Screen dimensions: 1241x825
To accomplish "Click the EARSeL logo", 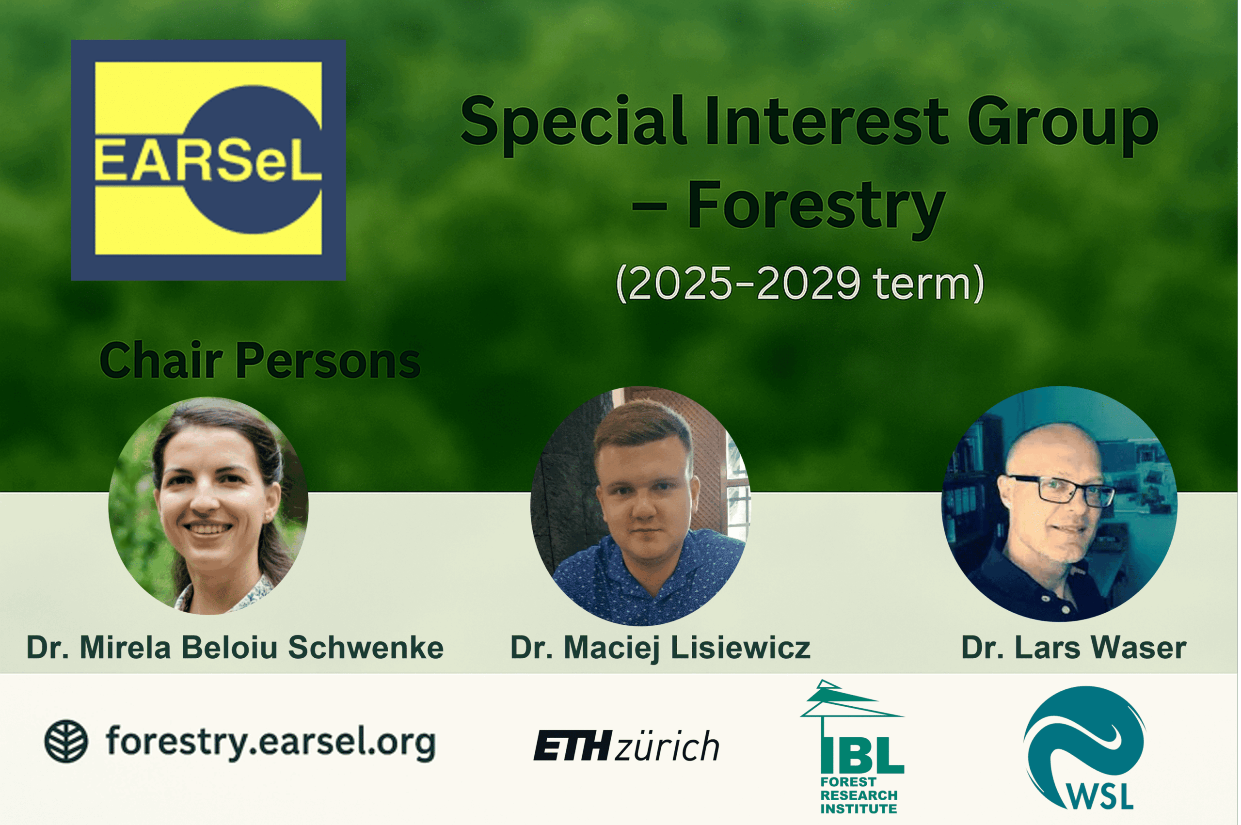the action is click(x=208, y=160).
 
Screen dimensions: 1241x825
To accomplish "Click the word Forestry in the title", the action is click(x=816, y=208).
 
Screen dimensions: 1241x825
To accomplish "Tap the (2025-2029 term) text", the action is click(x=800, y=284).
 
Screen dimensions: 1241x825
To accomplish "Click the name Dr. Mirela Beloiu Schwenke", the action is click(x=235, y=647).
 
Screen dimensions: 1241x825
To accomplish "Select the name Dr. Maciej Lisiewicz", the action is click(x=660, y=648).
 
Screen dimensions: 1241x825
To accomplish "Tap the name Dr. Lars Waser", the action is click(x=1074, y=647).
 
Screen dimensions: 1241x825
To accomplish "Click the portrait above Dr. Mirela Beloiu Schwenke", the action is click(x=208, y=506).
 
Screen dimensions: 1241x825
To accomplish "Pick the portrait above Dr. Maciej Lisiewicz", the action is click(x=640, y=506).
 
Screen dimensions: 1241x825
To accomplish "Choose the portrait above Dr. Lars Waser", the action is click(x=1059, y=504).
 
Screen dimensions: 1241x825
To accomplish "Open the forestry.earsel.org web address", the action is click(x=270, y=742).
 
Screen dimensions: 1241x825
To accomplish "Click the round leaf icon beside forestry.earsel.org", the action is click(x=66, y=741).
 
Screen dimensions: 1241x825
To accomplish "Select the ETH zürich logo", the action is click(x=626, y=746).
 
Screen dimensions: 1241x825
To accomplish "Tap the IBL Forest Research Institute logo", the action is click(x=852, y=746).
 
